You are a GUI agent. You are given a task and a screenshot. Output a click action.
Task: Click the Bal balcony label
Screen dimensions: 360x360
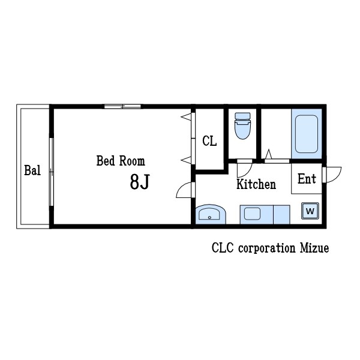point(32,170)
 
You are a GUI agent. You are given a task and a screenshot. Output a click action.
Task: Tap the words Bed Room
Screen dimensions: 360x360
point(121,161)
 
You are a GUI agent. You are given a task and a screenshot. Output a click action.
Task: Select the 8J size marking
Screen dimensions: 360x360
point(140,182)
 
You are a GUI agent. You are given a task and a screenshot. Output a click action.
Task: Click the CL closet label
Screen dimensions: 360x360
point(209,141)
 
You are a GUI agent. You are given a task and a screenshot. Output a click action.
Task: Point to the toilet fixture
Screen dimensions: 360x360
point(242,126)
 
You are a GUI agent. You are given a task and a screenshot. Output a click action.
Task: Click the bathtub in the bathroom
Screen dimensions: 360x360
point(307,134)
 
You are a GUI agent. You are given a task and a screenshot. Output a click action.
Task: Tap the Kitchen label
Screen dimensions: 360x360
point(256,184)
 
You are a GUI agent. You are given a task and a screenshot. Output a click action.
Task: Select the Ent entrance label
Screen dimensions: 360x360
point(307,179)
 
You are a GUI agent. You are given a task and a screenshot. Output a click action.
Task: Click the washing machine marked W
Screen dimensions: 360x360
point(310,211)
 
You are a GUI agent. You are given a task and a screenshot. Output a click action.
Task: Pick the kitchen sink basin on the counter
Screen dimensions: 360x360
point(252,214)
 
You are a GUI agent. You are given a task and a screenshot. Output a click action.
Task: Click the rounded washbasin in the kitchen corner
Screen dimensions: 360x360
point(211,215)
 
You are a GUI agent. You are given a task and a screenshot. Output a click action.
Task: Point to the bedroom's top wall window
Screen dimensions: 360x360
point(122,106)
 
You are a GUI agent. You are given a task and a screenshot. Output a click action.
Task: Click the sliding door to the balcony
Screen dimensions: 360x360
point(52,172)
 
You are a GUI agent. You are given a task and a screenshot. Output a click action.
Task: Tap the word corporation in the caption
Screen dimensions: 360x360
point(266,248)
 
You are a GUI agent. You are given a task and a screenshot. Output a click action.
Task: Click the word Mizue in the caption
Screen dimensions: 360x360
point(314,248)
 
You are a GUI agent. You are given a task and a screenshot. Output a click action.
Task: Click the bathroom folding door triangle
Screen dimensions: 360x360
point(269,154)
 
